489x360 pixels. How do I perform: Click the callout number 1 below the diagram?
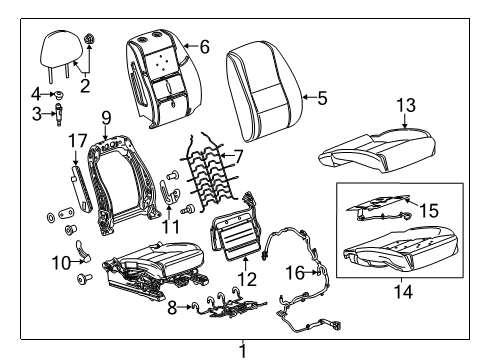click(x=242, y=350)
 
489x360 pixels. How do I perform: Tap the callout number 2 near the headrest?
click(x=85, y=85)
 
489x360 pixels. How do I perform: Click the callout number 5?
click(x=321, y=98)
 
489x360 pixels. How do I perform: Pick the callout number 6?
click(x=204, y=46)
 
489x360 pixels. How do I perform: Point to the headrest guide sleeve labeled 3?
click(x=56, y=116)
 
